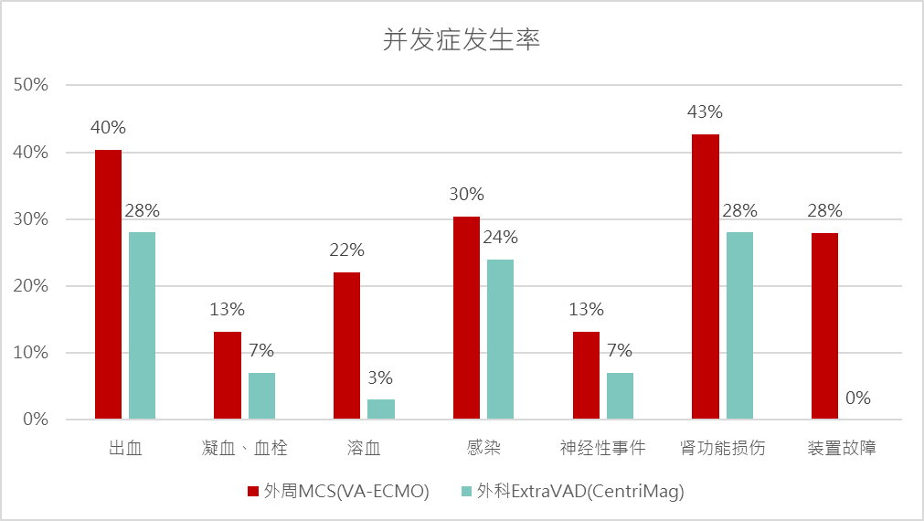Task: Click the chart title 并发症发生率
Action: (461, 40)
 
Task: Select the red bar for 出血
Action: (108, 284)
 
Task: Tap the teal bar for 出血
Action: (142, 325)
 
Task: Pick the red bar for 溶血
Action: (346, 346)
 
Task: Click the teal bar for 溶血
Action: (381, 409)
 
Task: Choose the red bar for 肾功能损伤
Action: (706, 277)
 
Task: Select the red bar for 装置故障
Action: (824, 326)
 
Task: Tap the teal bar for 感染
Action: (500, 339)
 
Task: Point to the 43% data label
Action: (706, 112)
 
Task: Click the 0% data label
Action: (858, 399)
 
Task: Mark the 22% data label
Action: (346, 250)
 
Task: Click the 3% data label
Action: (381, 377)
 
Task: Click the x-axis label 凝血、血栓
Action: (245, 448)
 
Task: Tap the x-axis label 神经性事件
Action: (603, 448)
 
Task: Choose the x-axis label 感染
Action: (483, 448)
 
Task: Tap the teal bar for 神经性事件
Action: (620, 396)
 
